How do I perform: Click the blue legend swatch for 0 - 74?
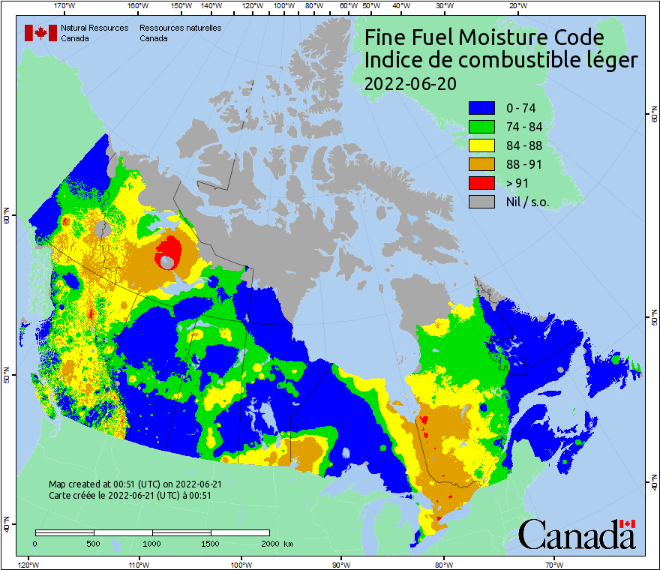pos(481,108)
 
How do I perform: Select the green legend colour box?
pos(481,127)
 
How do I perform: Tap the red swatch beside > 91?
pos(481,183)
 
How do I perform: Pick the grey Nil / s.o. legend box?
pos(481,202)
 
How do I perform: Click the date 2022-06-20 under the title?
pos(409,84)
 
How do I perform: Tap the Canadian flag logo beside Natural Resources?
pos(40,32)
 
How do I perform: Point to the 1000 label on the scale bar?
pos(152,543)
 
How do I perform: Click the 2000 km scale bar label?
pos(276,543)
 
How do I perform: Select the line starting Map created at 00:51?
pos(134,484)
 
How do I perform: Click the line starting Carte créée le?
pos(129,495)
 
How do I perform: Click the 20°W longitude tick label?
pos(516,6)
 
